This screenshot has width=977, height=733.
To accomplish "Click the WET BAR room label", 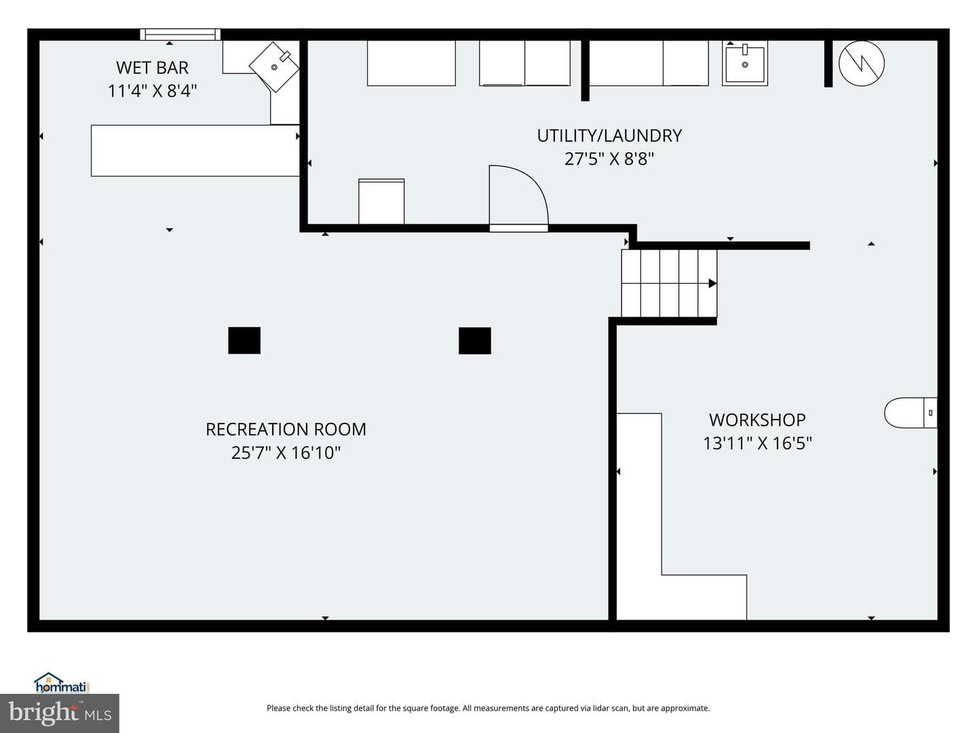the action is (152, 68).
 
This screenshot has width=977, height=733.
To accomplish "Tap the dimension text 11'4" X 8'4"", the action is (152, 91).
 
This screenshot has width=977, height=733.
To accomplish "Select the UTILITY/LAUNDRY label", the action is (609, 136).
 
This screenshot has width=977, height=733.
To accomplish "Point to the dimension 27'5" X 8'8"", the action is (609, 159).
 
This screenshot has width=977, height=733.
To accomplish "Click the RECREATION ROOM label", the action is (286, 430).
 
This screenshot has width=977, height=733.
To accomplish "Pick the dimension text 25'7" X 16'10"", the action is (286, 453).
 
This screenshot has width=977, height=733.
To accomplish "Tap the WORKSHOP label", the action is (757, 419).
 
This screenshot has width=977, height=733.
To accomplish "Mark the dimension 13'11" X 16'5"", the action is (757, 443).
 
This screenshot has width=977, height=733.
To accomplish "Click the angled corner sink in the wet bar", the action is (274, 67).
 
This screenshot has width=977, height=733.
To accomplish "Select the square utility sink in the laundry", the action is (745, 64).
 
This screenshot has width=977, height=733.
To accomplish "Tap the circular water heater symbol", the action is (861, 64).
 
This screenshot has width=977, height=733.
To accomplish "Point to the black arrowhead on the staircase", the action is (712, 283).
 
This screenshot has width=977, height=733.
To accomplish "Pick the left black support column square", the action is (244, 341).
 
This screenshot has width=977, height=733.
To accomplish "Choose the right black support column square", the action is (475, 341).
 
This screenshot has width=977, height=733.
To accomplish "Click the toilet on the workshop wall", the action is (911, 413).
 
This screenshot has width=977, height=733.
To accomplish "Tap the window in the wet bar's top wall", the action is (180, 34).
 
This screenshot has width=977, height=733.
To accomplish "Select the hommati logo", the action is (62, 683).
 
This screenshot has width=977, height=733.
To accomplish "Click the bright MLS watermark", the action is (60, 713).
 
